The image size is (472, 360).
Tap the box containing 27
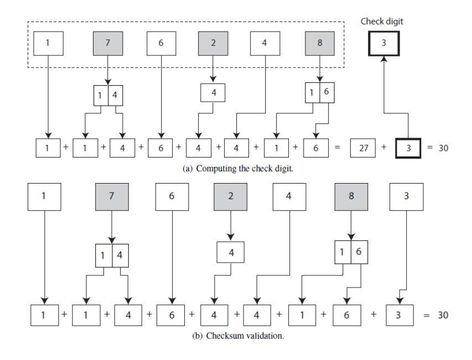click(364, 149)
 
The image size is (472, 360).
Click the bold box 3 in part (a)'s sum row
click(408, 149)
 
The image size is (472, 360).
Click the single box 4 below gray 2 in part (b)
click(230, 253)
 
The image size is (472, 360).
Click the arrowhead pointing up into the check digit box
click(384, 61)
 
